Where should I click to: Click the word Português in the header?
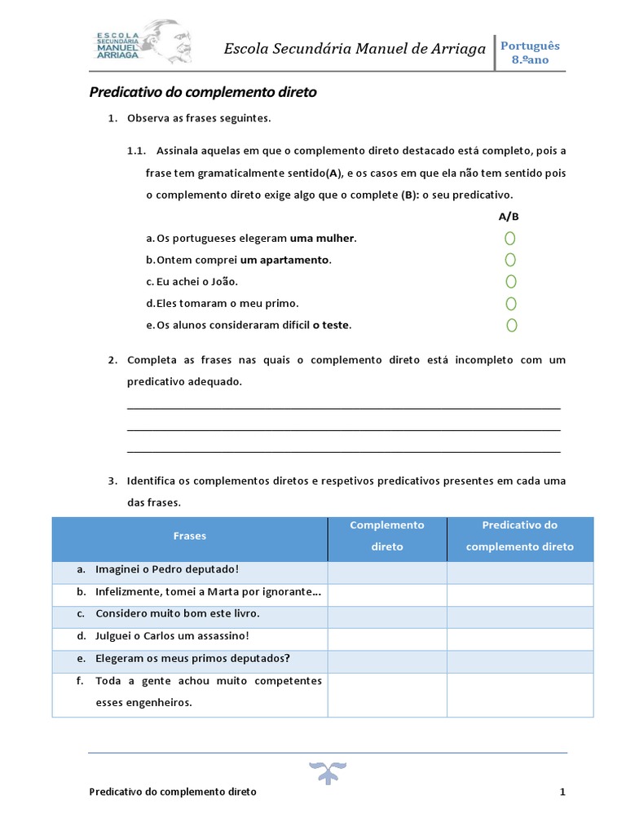(x=530, y=46)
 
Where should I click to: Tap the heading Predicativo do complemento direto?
(x=202, y=93)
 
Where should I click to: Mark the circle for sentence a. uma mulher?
(x=510, y=239)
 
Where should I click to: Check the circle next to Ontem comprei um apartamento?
(x=510, y=260)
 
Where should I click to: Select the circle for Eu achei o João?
(x=510, y=282)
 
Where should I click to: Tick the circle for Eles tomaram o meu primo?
(x=510, y=304)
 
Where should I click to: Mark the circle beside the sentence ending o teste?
(x=511, y=326)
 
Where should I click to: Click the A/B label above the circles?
(x=509, y=217)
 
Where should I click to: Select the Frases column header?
(x=190, y=536)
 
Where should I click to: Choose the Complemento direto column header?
(x=387, y=536)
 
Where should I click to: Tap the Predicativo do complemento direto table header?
(x=520, y=536)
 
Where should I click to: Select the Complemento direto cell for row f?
(x=387, y=694)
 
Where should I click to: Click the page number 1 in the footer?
(x=562, y=792)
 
